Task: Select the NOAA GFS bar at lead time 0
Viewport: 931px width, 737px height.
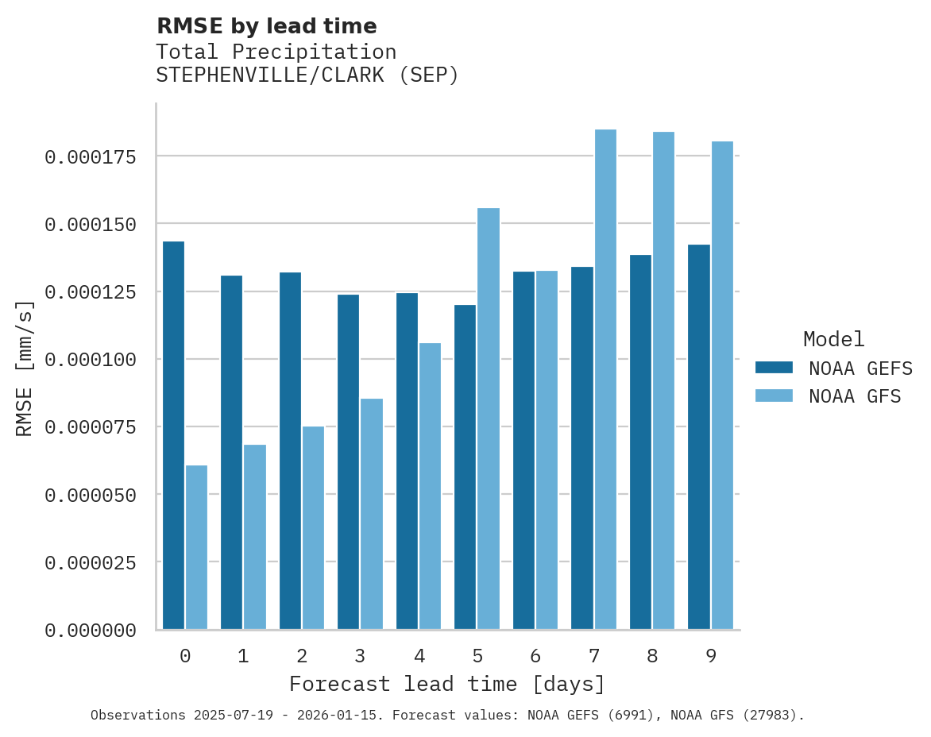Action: pos(196,547)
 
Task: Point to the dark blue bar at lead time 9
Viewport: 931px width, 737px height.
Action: pos(699,437)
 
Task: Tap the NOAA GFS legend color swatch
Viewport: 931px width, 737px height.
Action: pos(774,396)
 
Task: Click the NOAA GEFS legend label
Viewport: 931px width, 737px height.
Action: pos(855,368)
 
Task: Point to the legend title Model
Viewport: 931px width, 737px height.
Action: pos(833,339)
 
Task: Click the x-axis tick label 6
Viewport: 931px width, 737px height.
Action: pos(535,656)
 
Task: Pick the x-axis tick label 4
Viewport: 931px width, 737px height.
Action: pos(419,656)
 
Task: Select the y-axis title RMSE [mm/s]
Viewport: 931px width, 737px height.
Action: pos(25,368)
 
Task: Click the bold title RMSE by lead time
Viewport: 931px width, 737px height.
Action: pos(266,26)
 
